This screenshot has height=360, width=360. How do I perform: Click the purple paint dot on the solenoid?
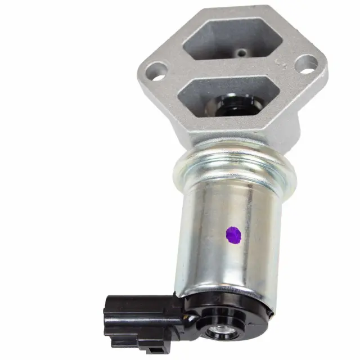tap(233, 235)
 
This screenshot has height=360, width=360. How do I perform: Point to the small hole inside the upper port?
tap(241, 53)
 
